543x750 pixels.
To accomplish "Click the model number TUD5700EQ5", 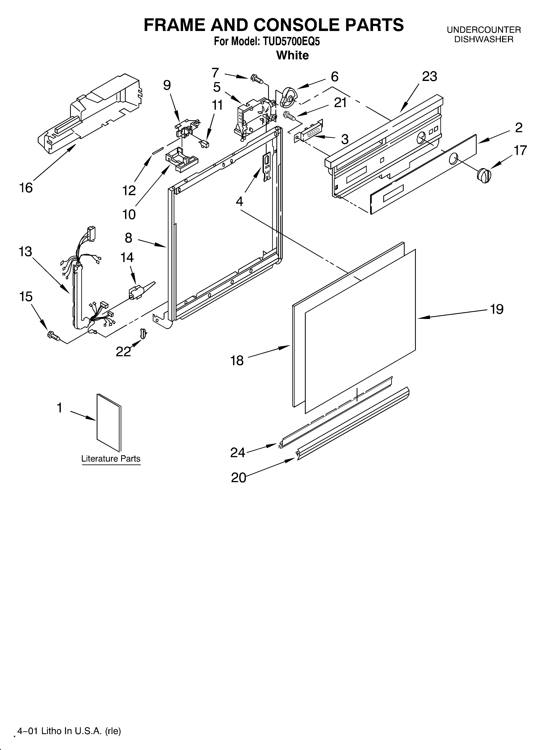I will [x=291, y=42].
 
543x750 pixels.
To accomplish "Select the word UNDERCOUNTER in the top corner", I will [x=483, y=30].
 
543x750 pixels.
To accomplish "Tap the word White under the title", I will [x=292, y=55].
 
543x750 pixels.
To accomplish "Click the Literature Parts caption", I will [x=111, y=459].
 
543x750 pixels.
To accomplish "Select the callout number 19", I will [x=496, y=309].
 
